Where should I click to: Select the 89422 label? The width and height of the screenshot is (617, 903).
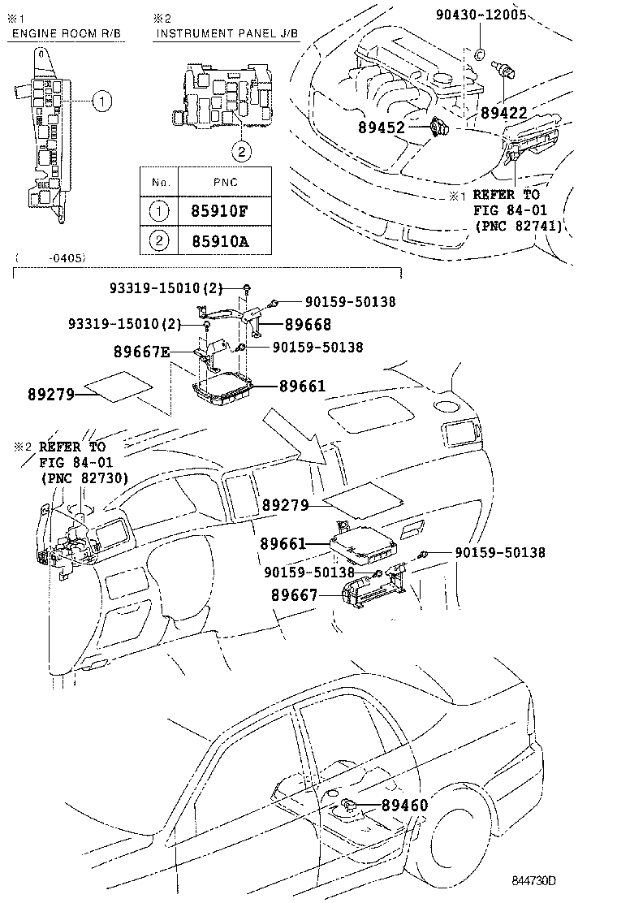(x=503, y=113)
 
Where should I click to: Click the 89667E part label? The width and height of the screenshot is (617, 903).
(x=142, y=351)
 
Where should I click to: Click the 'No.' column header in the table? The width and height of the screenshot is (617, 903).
(x=158, y=183)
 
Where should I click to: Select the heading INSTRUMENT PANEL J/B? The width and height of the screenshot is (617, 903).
(x=227, y=33)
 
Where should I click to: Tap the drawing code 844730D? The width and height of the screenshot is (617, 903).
(x=538, y=881)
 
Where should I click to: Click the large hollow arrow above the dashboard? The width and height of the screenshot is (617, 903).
(x=296, y=441)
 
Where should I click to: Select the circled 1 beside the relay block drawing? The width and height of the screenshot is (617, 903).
(x=101, y=102)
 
